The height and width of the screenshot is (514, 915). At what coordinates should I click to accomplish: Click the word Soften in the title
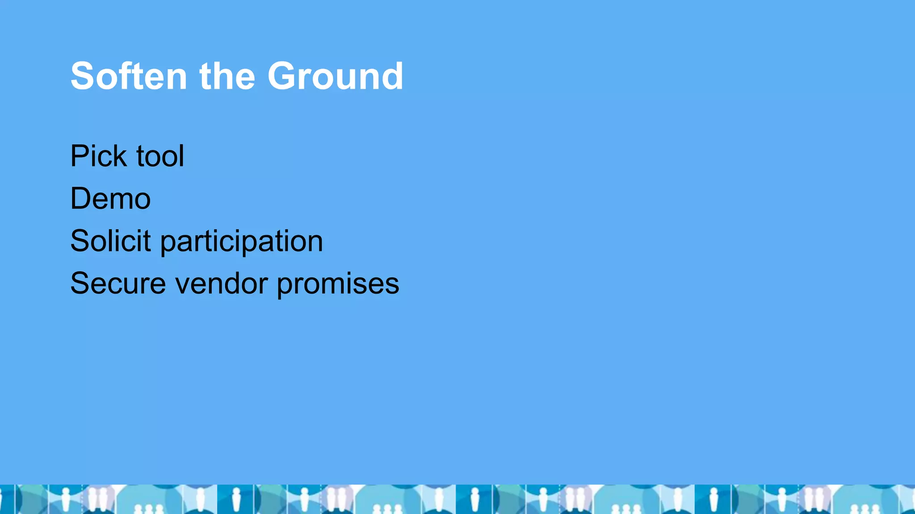[x=129, y=76]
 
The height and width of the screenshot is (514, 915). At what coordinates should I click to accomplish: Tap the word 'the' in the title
[x=227, y=76]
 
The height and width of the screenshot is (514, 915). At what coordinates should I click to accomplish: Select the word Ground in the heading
[x=335, y=76]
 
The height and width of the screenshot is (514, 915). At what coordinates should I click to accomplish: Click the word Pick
[x=98, y=156]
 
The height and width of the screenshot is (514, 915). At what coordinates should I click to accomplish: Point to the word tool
[x=160, y=156]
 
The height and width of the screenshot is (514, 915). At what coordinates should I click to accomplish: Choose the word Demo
[x=110, y=199]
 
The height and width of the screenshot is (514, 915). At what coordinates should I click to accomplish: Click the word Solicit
[x=110, y=241]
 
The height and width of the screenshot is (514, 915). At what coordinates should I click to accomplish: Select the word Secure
[x=118, y=283]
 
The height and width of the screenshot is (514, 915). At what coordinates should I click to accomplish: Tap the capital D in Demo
[x=81, y=199]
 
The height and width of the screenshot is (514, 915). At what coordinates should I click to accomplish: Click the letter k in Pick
[x=121, y=156]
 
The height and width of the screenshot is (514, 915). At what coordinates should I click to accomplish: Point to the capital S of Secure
[x=81, y=283]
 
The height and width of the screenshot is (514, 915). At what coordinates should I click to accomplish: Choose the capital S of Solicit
[x=81, y=241]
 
